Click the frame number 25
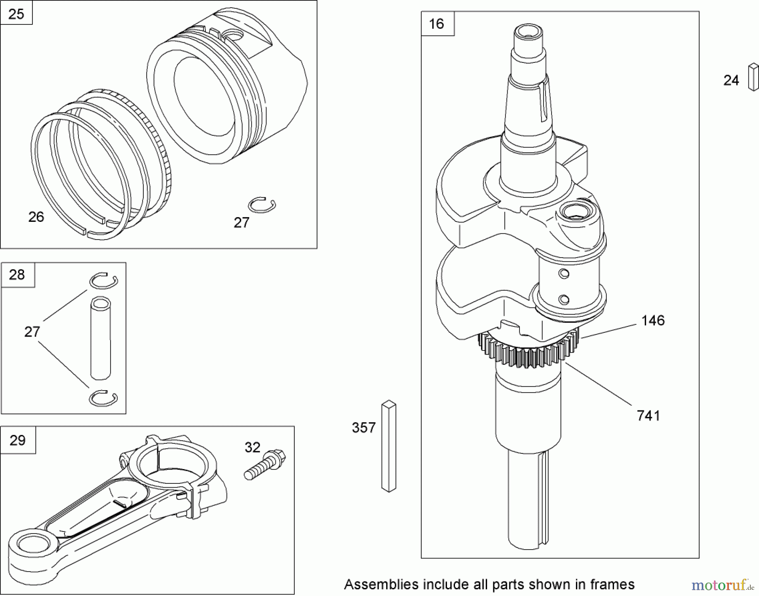(x=16, y=14)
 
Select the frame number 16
(x=436, y=24)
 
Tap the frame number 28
(x=17, y=275)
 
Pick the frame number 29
(x=17, y=440)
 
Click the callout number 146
(x=653, y=321)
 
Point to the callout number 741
(x=648, y=416)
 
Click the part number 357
(x=363, y=428)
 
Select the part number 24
(x=731, y=80)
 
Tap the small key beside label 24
(x=753, y=77)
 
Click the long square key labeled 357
(x=389, y=446)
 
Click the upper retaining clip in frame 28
(x=103, y=281)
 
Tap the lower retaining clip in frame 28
(x=103, y=399)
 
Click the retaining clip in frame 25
(x=262, y=205)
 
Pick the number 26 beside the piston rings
(x=36, y=217)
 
